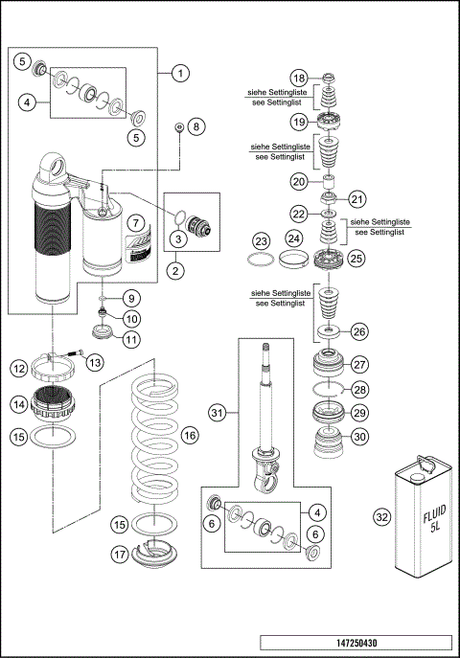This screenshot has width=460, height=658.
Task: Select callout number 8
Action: pos(195,126)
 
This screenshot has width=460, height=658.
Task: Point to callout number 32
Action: pos(381,517)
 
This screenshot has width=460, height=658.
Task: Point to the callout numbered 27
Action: pos(359,364)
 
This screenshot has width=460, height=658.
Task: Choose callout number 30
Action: pos(359,436)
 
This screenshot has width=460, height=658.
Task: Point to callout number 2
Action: pos(175,271)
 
